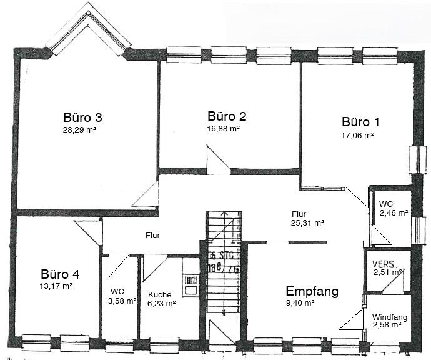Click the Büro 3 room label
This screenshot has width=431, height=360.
[82, 117]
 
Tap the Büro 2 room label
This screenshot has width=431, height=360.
[227, 116]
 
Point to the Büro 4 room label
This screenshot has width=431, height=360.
[60, 274]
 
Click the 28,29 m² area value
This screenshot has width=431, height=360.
[79, 130]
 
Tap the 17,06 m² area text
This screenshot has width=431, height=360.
[357, 134]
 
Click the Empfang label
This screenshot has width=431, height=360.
[312, 291]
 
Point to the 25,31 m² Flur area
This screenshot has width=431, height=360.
[307, 222]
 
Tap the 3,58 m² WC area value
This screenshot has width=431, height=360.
[122, 301]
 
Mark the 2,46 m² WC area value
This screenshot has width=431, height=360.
[394, 212]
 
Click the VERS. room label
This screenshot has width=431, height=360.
[385, 264]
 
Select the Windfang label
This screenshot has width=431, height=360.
[389, 317]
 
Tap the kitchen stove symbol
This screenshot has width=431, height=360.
[189, 286]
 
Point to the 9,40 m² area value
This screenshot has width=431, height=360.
[300, 303]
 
